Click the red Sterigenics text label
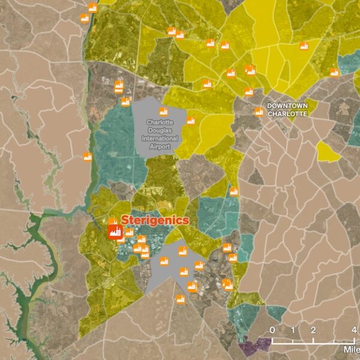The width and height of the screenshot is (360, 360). [x=155, y=220]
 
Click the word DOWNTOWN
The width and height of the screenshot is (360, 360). [x=287, y=106]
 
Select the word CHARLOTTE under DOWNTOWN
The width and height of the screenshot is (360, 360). [x=287, y=113]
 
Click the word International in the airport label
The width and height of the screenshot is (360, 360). [x=156, y=138]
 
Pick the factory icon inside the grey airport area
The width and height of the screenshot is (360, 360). [x=163, y=111]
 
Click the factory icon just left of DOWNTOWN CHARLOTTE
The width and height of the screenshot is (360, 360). [x=259, y=111]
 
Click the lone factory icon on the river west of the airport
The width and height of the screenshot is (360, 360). [x=87, y=157]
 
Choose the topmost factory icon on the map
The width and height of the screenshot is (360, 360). [x=92, y=8]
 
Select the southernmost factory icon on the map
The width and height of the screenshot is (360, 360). [x=180, y=299]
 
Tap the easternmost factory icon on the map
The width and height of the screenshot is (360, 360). [x=334, y=73]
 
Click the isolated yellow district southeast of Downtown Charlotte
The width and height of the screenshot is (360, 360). [x=328, y=151]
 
